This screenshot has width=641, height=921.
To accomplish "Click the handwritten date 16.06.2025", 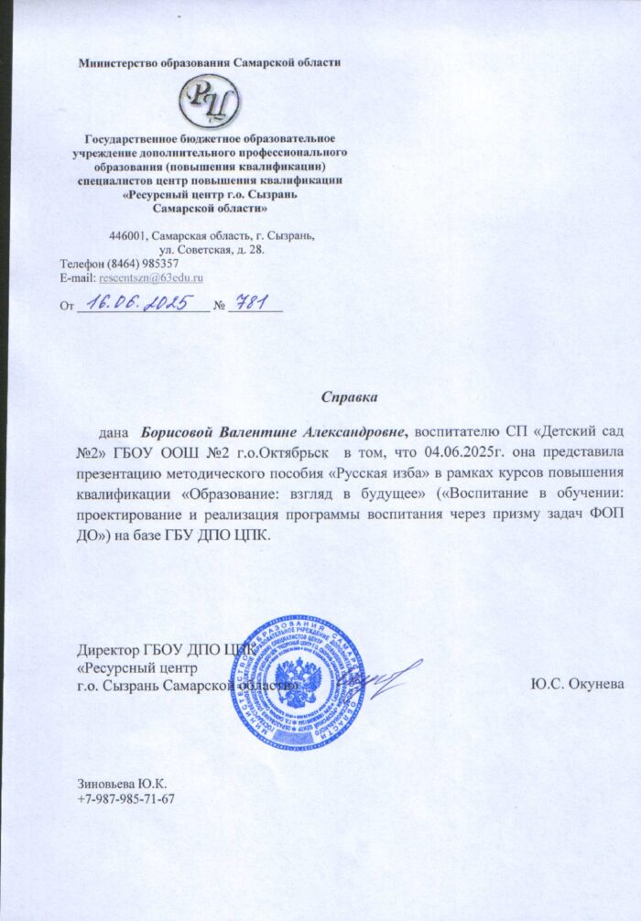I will click(x=140, y=303).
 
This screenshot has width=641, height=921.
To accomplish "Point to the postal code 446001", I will click(x=129, y=235).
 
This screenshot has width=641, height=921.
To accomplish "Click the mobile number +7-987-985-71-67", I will click(x=126, y=798).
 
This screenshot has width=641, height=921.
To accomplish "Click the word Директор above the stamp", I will click(x=108, y=652).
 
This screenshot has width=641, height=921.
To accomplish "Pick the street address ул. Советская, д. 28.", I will click(x=212, y=249).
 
